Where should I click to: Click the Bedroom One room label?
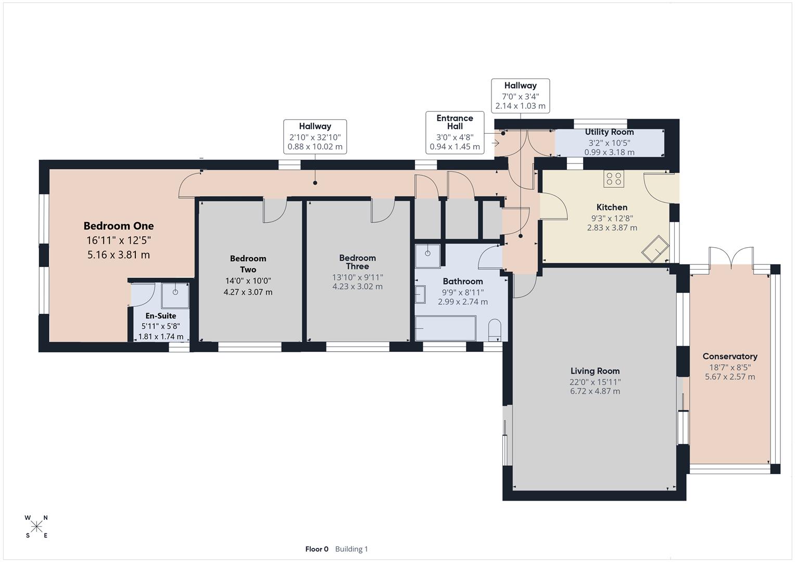point(119,226)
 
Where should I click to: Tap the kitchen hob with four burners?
point(614,178)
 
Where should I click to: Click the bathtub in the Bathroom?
point(445,328)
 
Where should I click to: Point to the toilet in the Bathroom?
point(495,330)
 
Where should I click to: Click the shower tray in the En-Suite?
point(175,295)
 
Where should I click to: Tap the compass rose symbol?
point(36,527)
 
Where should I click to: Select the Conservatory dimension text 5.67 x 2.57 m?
point(729,377)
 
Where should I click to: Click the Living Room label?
point(595,371)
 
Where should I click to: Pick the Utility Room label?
point(609,132)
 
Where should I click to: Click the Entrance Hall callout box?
point(455,133)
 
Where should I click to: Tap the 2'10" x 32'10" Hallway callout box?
point(315,137)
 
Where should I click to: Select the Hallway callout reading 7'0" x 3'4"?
point(520,96)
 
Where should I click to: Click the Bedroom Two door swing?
point(274,211)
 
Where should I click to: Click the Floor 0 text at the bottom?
point(317,549)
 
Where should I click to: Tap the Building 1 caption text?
point(351,549)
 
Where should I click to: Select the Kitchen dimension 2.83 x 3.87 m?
point(612,228)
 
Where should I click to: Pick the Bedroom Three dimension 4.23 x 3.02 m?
point(357,287)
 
